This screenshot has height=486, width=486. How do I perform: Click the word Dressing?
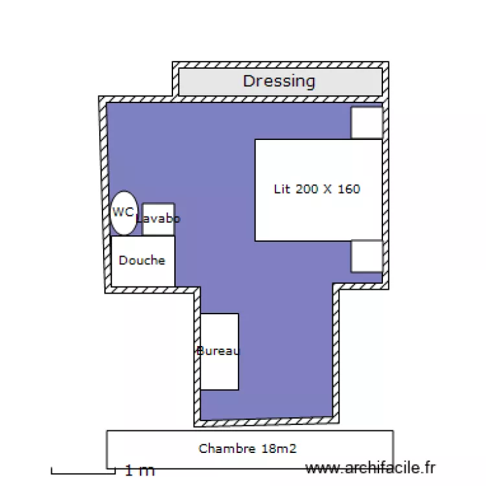click(x=279, y=82)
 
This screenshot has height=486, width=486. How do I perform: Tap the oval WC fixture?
click(x=124, y=213)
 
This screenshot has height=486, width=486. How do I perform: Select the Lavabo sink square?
click(x=158, y=219)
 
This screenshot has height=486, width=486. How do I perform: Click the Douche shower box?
click(x=143, y=261)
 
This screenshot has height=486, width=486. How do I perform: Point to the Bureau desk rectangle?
click(x=220, y=351)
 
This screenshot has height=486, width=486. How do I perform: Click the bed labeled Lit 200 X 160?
click(x=319, y=190)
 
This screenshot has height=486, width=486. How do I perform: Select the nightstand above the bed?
click(x=367, y=122)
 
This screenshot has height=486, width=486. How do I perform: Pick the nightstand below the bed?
click(x=367, y=257)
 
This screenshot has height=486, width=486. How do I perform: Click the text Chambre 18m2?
click(x=248, y=448)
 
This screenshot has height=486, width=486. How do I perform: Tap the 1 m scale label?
click(x=140, y=470)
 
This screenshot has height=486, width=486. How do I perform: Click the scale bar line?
click(x=83, y=473)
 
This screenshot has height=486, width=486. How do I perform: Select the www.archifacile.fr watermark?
click(x=371, y=468)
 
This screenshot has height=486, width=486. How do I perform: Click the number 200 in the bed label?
click(x=308, y=189)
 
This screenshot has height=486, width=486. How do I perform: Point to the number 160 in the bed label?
click(x=349, y=189)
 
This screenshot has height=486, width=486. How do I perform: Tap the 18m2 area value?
click(x=279, y=448)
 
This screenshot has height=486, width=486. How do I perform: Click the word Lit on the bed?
click(x=283, y=189)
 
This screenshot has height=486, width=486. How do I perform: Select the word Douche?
click(x=142, y=260)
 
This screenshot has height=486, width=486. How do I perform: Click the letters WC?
click(x=123, y=212)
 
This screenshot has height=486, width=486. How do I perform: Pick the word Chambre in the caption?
click(x=227, y=448)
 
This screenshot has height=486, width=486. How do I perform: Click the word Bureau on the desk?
click(x=218, y=351)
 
